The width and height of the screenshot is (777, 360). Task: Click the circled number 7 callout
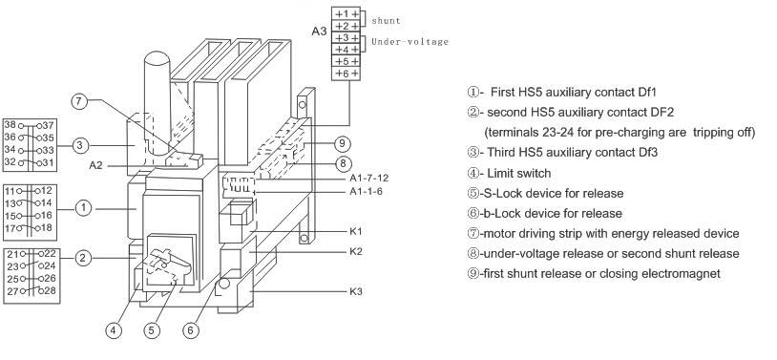point(79,101)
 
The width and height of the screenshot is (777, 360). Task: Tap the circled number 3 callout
point(80,146)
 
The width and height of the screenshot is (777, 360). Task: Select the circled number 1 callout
point(83,208)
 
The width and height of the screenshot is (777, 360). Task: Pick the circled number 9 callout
point(342,144)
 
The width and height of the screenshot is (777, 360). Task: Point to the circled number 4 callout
point(114,330)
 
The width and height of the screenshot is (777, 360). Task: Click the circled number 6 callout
point(191,330)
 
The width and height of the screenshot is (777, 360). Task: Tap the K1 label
point(356,232)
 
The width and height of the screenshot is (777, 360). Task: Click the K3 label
point(356,291)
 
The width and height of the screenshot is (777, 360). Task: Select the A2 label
point(95,165)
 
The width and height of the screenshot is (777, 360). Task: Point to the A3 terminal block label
point(319,31)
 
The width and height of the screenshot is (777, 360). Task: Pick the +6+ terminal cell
point(346,74)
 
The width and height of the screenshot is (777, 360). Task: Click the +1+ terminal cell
point(346,14)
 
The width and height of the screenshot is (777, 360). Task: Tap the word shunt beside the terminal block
point(386,21)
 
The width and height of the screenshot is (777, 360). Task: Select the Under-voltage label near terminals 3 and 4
point(409,42)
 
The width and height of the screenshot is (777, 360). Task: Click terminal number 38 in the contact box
point(10,125)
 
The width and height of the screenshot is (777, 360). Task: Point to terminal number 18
point(47,227)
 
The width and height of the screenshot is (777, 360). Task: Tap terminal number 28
point(50,290)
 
